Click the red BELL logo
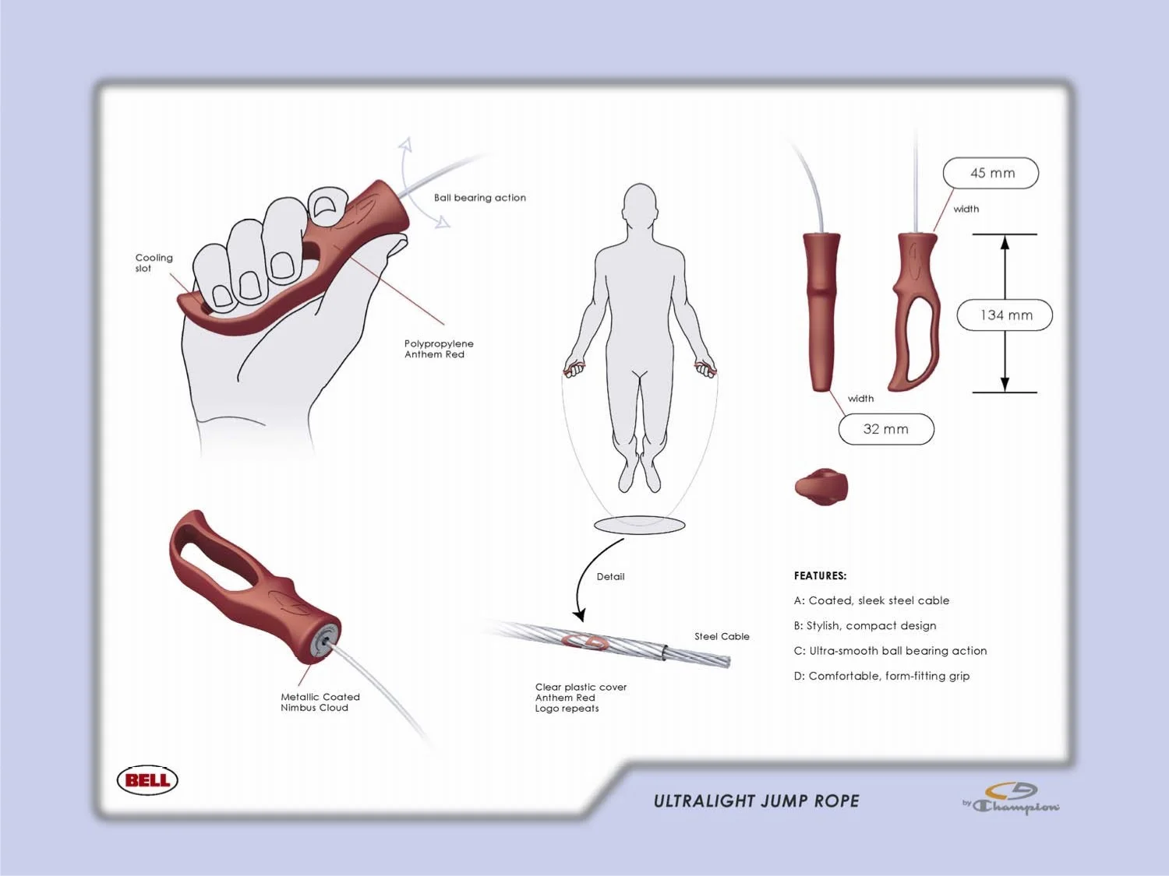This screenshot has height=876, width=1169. [147, 780]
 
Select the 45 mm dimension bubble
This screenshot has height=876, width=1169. [991, 173]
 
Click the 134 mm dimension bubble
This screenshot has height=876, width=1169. [1005, 315]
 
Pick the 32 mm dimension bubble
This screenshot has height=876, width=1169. [886, 429]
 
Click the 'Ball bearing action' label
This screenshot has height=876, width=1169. [479, 198]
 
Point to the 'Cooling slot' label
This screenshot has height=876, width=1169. [154, 262]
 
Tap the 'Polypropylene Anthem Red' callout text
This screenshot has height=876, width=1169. [438, 349]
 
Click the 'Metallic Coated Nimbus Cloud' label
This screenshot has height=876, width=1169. [320, 702]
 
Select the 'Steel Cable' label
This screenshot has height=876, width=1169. [722, 636]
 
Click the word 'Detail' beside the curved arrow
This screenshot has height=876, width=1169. [610, 577]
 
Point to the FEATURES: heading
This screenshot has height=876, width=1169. [820, 576]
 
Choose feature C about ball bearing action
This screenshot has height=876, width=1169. [890, 651]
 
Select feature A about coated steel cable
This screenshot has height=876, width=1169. [871, 600]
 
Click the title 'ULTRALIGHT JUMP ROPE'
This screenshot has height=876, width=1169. [756, 801]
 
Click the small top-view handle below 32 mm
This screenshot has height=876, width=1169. [821, 487]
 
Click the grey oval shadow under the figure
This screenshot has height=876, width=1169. [640, 526]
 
